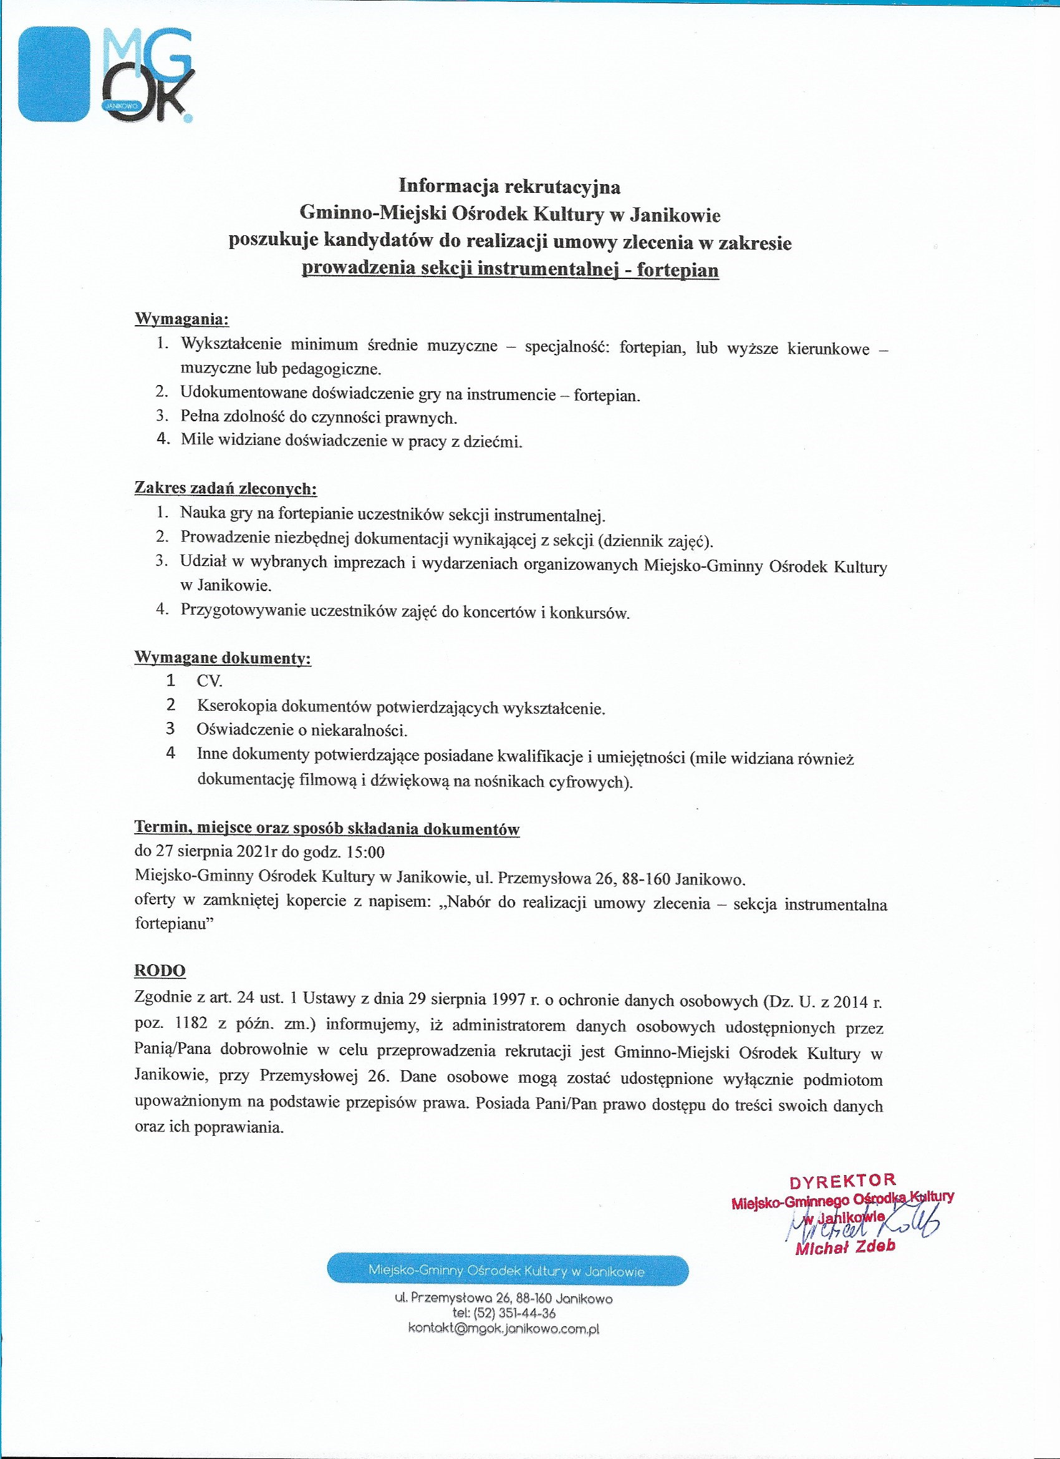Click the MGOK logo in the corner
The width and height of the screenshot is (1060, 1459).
(x=105, y=75)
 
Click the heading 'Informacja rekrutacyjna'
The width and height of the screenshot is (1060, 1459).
(x=509, y=187)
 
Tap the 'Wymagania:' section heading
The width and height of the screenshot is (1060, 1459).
(x=181, y=319)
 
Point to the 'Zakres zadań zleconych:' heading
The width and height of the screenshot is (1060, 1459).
(x=225, y=488)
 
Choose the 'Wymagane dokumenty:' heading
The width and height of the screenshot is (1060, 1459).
(x=223, y=658)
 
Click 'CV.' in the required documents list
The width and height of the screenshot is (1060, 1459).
(x=210, y=681)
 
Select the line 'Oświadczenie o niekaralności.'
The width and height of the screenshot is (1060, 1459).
(x=302, y=730)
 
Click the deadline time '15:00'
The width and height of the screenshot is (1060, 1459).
(x=365, y=852)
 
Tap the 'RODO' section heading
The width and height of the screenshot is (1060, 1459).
(x=160, y=971)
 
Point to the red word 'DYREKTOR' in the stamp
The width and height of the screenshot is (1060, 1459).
(x=842, y=1181)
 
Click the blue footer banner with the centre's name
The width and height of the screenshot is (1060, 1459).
(x=507, y=1271)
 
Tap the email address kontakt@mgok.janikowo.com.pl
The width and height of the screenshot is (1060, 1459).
(x=503, y=1329)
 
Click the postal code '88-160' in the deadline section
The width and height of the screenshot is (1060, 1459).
(x=645, y=879)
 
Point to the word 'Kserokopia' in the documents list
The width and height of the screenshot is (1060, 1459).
(x=236, y=706)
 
